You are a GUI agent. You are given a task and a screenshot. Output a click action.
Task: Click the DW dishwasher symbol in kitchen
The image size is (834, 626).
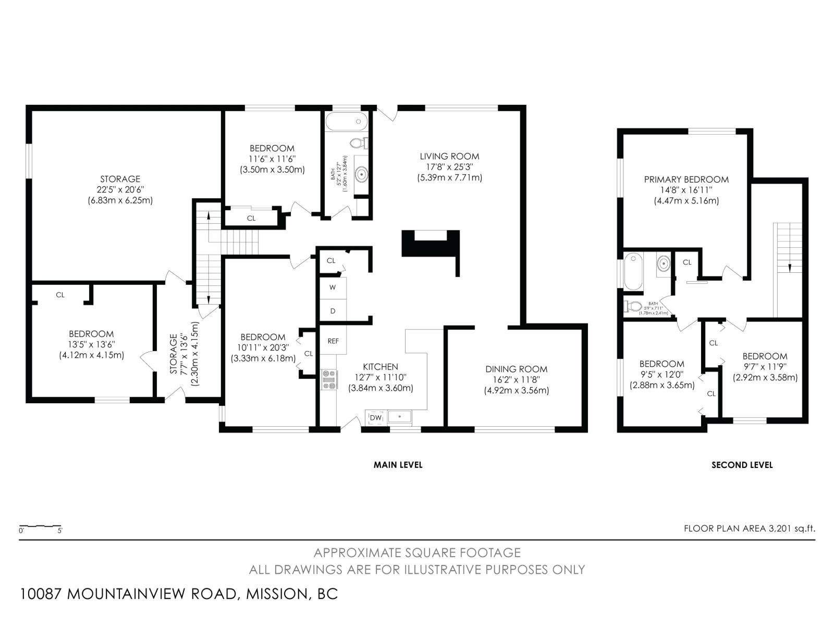pyautogui.click(x=376, y=417)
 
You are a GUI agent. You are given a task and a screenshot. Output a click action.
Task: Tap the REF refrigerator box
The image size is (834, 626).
pyautogui.click(x=333, y=341)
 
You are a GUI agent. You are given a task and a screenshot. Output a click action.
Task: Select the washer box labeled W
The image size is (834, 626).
pyautogui.click(x=333, y=287)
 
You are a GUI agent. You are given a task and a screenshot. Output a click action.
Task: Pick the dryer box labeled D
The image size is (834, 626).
pyautogui.click(x=333, y=311)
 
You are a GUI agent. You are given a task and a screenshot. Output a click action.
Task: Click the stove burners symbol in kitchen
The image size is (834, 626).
pyautogui.click(x=329, y=379)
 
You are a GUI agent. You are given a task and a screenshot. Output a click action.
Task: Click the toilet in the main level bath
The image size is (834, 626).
pyautogui.click(x=359, y=142)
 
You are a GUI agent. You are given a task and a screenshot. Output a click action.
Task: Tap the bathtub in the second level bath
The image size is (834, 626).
pyautogui.click(x=633, y=271)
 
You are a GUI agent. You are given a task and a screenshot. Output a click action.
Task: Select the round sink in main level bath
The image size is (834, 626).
pyautogui.click(x=361, y=173)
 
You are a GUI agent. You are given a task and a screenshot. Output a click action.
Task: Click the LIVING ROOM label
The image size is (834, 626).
pyautogui.click(x=449, y=156)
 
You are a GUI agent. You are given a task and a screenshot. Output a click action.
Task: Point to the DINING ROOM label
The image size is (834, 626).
pyautogui.click(x=516, y=369)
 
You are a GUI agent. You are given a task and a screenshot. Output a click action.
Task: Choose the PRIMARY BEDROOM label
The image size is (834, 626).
pyautogui.click(x=686, y=179)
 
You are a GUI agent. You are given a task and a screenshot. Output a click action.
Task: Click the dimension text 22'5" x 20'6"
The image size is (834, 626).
pyautogui.click(x=120, y=190)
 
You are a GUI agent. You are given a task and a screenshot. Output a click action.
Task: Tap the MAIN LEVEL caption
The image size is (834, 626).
pyautogui.click(x=398, y=465)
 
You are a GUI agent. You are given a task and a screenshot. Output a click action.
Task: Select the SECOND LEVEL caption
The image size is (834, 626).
pyautogui.click(x=742, y=465)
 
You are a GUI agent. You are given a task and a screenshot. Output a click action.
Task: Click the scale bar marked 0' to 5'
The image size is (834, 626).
pyautogui.click(x=41, y=526)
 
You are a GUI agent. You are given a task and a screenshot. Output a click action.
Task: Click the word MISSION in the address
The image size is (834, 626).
pyautogui.click(x=275, y=594)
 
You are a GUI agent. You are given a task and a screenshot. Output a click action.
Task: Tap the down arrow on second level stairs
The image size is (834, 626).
pyautogui.click(x=790, y=268)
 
